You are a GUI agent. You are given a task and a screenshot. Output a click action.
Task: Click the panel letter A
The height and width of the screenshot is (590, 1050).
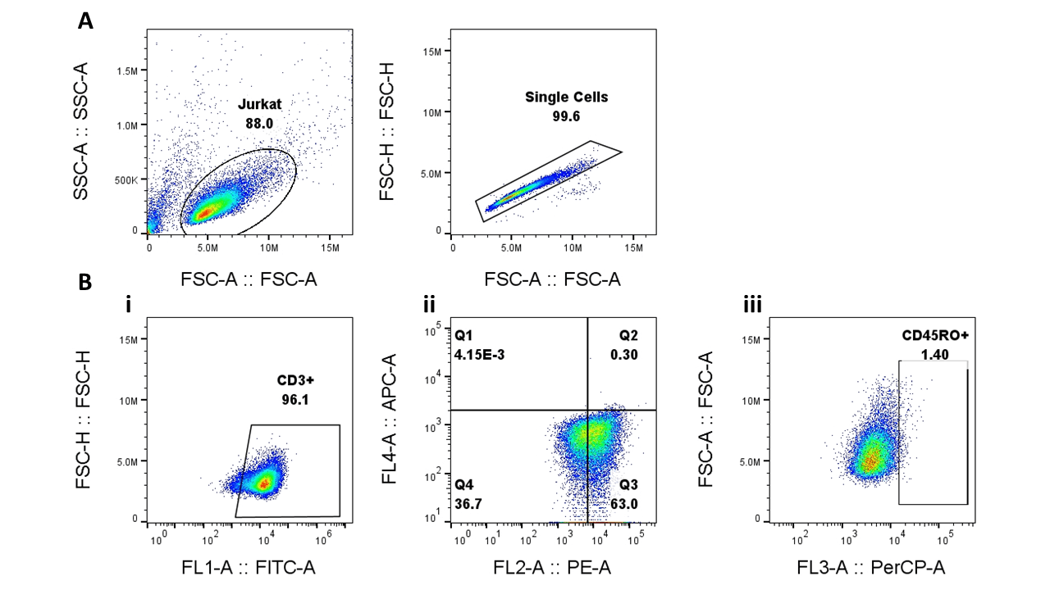[85, 21]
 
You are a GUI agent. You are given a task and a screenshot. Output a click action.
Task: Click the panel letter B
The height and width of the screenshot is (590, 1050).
[85, 282]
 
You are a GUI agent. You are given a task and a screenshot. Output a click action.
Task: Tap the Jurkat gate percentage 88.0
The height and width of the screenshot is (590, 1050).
[258, 123]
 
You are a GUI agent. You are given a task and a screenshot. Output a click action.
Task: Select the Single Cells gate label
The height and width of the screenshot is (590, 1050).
[567, 97]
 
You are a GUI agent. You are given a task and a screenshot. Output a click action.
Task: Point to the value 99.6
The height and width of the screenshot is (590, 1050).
[566, 116]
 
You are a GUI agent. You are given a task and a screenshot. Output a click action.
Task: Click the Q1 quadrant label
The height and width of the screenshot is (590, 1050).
[463, 335]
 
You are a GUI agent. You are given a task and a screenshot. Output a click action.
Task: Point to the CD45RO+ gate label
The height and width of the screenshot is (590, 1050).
[934, 335]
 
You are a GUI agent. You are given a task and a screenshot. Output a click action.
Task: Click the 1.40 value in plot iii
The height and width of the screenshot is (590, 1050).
[934, 354]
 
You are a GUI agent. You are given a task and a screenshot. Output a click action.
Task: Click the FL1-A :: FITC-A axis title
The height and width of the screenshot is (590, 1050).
[249, 567]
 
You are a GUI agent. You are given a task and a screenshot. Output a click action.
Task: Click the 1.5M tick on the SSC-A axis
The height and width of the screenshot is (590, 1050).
[128, 71]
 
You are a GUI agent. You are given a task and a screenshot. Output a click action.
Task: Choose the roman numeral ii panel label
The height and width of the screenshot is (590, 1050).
[429, 306]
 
